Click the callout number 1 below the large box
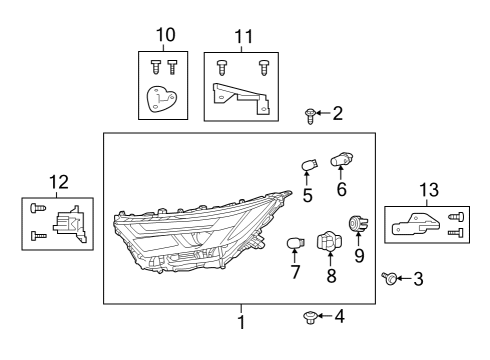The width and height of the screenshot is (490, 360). point(240,322)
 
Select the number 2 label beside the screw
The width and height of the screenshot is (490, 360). point(337,114)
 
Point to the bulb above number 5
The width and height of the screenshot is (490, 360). point(309,163)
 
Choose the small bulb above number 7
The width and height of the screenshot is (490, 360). point(294,243)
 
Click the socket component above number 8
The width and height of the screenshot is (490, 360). point(327,242)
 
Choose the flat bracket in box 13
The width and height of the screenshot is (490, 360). point(414,224)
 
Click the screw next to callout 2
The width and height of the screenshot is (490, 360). point(310,117)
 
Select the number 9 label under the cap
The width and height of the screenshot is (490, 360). point(359,255)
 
